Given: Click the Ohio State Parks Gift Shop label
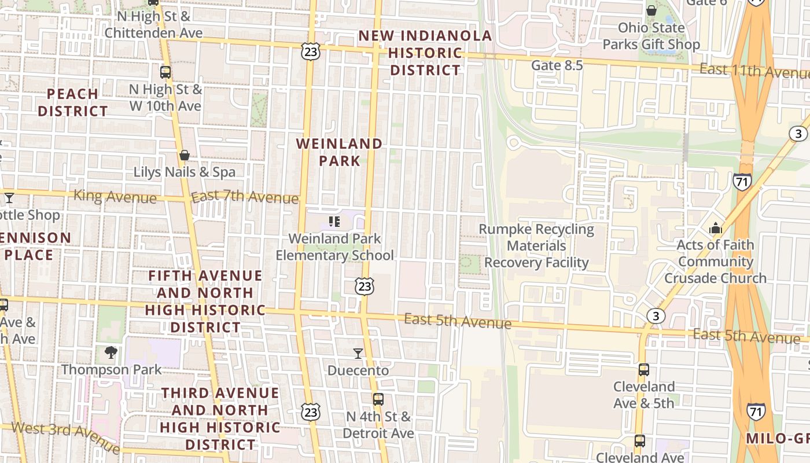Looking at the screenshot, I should click(x=651, y=36).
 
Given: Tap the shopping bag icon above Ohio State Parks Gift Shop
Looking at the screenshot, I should click(x=651, y=10).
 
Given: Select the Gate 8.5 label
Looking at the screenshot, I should click(x=557, y=65).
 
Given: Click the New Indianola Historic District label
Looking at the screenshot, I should click(x=425, y=53).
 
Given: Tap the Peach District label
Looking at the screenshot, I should click(x=72, y=102).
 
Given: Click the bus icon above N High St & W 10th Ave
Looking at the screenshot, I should click(x=165, y=72).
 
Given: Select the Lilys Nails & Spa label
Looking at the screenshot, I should click(x=185, y=172).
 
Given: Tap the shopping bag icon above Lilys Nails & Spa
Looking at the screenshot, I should click(x=185, y=155).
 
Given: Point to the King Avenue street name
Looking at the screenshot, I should click(x=115, y=196).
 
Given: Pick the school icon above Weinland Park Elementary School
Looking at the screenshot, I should click(x=334, y=221).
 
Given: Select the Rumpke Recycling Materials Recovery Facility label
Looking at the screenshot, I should click(x=536, y=246).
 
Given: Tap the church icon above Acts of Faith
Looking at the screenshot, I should click(x=716, y=228).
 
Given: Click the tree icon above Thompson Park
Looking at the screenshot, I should click(x=111, y=352).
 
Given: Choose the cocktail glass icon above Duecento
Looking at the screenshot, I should click(x=358, y=353).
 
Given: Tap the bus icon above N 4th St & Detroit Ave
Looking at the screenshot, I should click(x=378, y=399).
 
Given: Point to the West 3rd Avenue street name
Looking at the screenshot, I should click(x=65, y=437).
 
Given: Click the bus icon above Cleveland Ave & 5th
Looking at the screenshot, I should click(x=643, y=370).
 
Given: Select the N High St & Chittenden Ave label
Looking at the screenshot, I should click(x=153, y=25).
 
